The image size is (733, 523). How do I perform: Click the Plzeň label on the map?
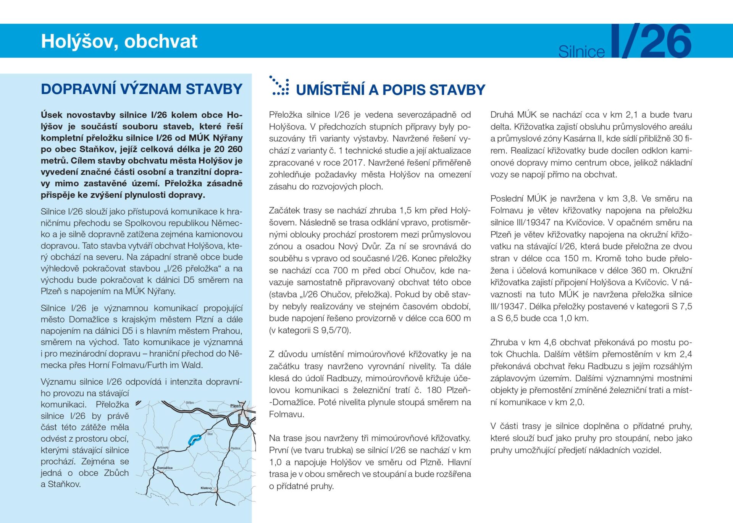tap(235, 406)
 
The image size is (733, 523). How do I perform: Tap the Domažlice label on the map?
tap(165, 468)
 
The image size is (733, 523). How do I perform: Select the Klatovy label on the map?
tap(206, 488)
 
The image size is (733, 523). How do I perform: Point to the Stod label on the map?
tap(210, 434)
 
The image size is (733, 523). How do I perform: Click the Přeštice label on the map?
tap(235, 448)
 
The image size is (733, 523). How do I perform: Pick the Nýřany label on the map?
tap(213, 410)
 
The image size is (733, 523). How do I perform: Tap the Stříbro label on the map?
tap(190, 403)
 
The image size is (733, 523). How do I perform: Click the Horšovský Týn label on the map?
tap(162, 449)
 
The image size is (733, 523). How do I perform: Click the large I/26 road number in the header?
tap(651, 41)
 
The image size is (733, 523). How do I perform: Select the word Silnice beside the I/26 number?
tap(581, 52)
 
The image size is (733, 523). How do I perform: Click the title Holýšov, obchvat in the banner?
tap(119, 41)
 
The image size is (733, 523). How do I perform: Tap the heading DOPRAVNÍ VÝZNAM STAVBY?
tap(142, 89)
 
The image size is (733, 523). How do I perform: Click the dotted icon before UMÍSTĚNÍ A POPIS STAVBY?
tap(279, 86)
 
